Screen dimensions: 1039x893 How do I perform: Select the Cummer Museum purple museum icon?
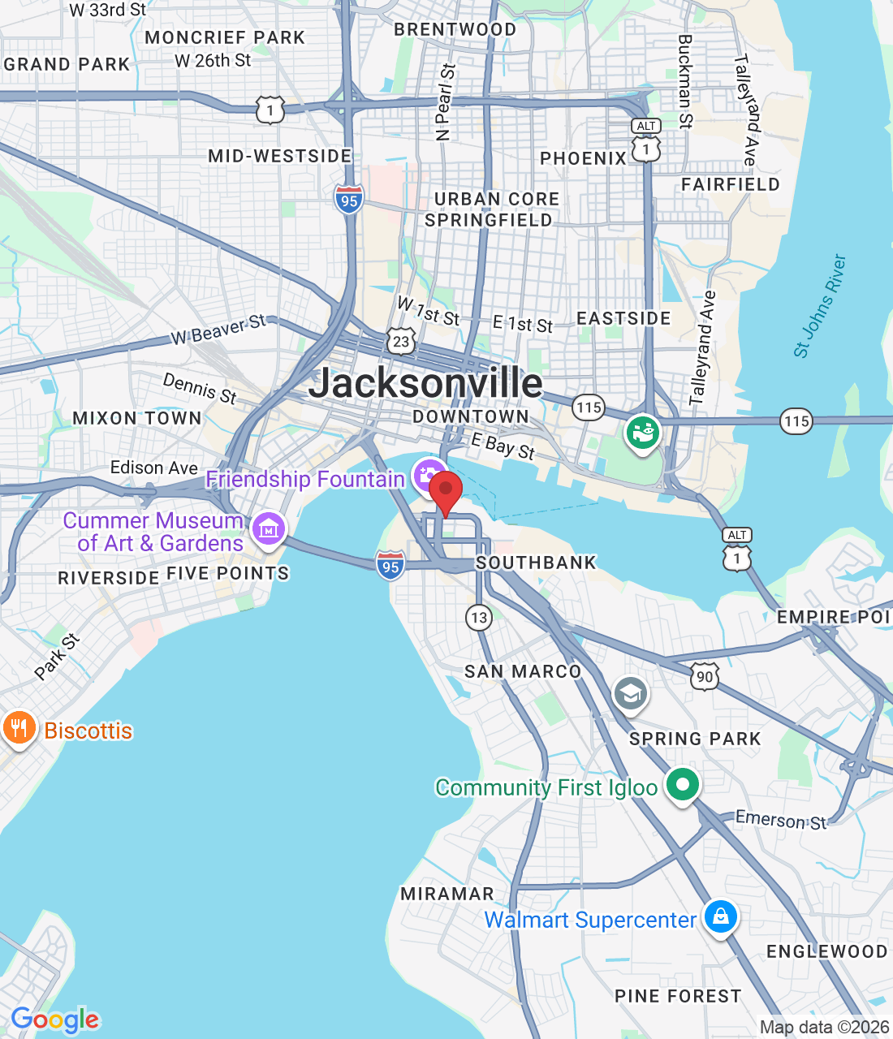pyautogui.click(x=268, y=529)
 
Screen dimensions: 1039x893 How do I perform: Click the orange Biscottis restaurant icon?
pyautogui.click(x=19, y=728)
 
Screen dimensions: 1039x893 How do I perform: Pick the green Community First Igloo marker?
pyautogui.click(x=683, y=785)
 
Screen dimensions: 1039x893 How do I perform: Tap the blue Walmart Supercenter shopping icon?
pyautogui.click(x=720, y=917)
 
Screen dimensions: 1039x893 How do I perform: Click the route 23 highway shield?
pyautogui.click(x=401, y=342)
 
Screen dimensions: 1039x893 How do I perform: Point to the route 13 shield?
pyautogui.click(x=479, y=618)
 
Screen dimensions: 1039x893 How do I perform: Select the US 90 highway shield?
pyautogui.click(x=705, y=676)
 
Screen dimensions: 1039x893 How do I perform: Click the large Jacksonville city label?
pyautogui.click(x=425, y=382)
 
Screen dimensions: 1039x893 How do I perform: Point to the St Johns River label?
pyautogui.click(x=820, y=306)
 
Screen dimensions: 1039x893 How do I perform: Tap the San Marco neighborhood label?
pyautogui.click(x=523, y=671)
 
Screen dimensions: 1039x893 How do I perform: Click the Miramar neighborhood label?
pyautogui.click(x=447, y=894)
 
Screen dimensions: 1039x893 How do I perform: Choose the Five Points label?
pyautogui.click(x=227, y=573)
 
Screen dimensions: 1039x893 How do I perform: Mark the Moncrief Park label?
pyautogui.click(x=225, y=37)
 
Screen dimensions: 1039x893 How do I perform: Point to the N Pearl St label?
pyautogui.click(x=445, y=103)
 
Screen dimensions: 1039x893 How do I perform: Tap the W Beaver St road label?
pyautogui.click(x=218, y=329)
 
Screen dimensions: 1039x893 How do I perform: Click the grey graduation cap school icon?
pyautogui.click(x=630, y=694)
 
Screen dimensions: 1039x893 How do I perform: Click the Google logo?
pyautogui.click(x=55, y=1020)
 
